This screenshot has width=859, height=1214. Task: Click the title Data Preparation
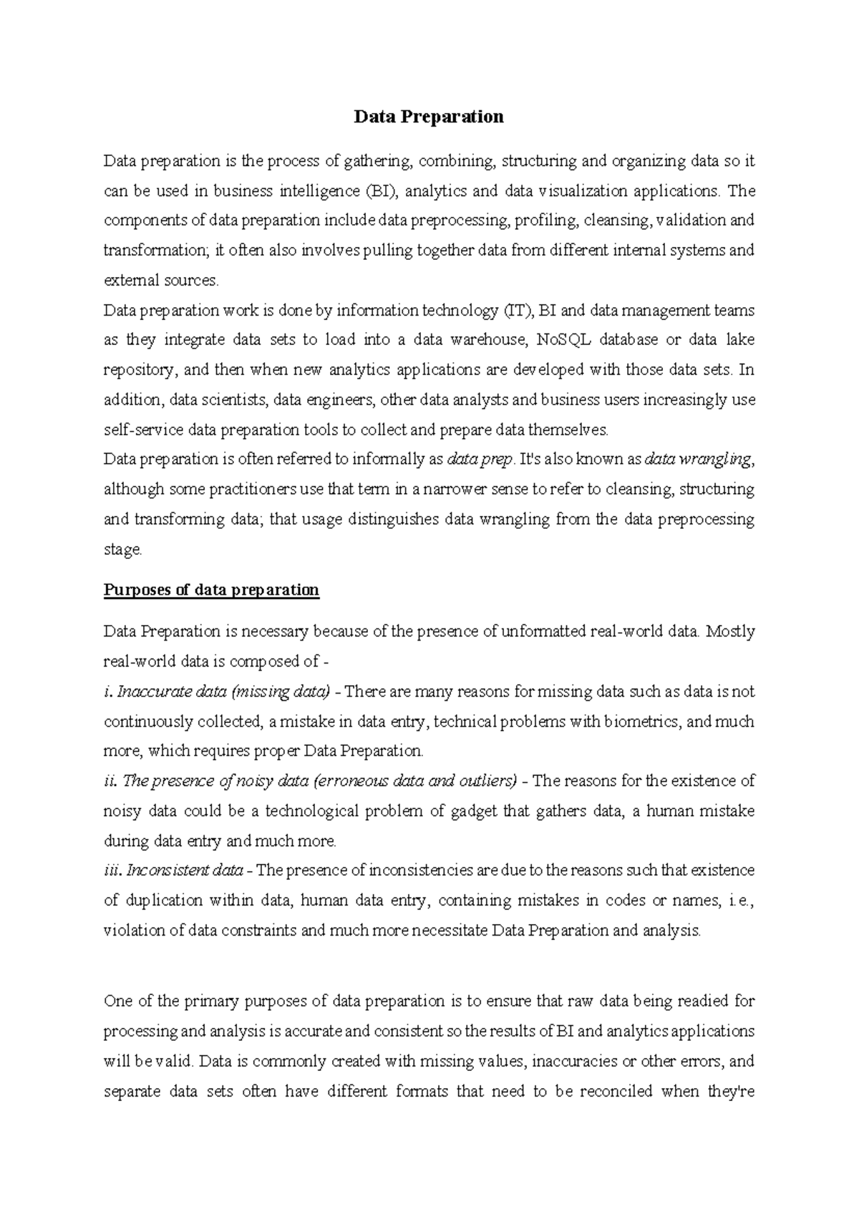tap(429, 117)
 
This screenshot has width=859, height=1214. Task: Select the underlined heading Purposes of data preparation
tap(211, 590)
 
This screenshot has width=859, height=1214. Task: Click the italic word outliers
tap(490, 781)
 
